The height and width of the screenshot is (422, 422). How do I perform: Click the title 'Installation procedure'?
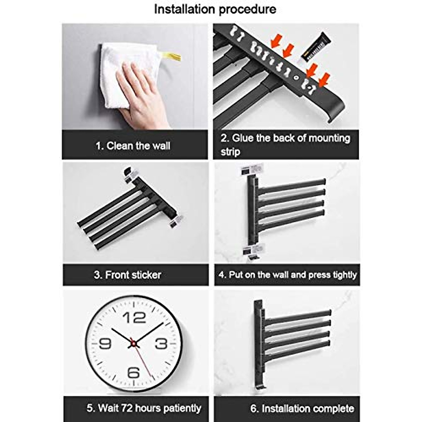pyautogui.click(x=215, y=9)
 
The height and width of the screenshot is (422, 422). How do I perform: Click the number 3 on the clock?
pyautogui.click(x=161, y=343)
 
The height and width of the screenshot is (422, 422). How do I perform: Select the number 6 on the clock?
pyautogui.click(x=134, y=372)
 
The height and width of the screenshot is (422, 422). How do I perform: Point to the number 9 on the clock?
pyautogui.click(x=105, y=343)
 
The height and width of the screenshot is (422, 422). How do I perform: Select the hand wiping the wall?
pyautogui.click(x=141, y=95)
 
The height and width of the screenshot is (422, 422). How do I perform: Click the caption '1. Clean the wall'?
pyautogui.click(x=133, y=146)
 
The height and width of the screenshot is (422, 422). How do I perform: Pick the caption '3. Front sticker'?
pyautogui.click(x=128, y=275)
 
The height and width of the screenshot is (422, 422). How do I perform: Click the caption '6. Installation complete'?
pyautogui.click(x=302, y=408)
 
